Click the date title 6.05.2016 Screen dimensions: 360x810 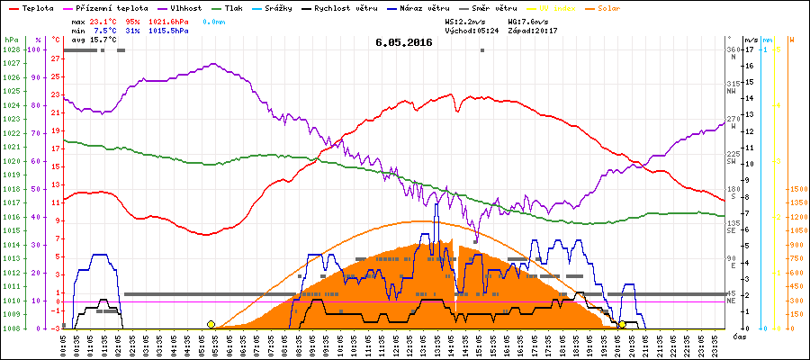(x=404, y=42)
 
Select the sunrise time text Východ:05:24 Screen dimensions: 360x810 (x=472, y=31)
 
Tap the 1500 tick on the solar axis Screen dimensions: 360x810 (x=797, y=189)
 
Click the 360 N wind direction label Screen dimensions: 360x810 (x=734, y=52)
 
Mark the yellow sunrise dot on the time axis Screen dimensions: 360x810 (x=211, y=324)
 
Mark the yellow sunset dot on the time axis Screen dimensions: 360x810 (x=622, y=324)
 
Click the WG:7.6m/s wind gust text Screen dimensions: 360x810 (x=530, y=20)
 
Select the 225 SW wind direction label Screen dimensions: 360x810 (x=734, y=157)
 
